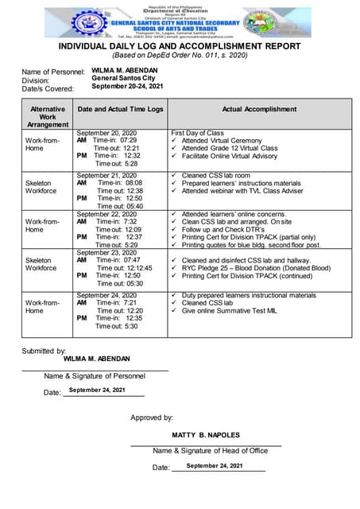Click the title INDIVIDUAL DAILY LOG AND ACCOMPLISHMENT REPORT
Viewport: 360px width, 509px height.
[180, 47]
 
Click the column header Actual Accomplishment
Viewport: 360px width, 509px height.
[259, 110]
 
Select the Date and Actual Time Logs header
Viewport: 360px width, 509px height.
[119, 110]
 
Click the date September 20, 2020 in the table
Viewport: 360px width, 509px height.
[106, 133]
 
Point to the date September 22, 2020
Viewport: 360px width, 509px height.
[106, 214]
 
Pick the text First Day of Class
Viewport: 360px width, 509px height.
[197, 133]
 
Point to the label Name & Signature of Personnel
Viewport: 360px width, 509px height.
[95, 375]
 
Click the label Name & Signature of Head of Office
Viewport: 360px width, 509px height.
[210, 451]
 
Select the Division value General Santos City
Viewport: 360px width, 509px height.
[123, 79]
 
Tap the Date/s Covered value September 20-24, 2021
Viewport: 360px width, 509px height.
[128, 86]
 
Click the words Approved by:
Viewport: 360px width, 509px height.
[152, 417]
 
